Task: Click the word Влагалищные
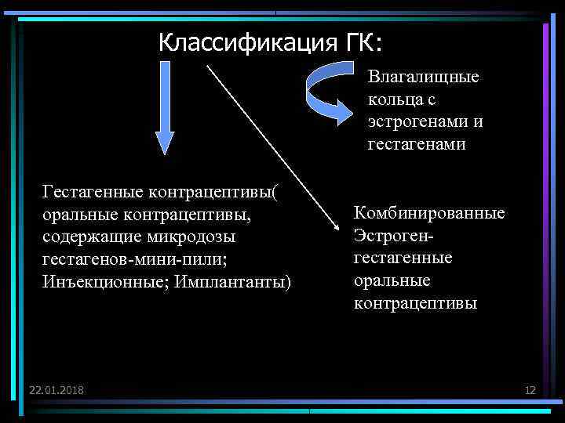point(424,78)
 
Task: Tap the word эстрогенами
point(407,122)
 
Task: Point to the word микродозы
point(191,236)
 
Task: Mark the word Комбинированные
point(429,213)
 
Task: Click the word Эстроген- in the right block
point(394,235)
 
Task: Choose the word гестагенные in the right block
point(403,258)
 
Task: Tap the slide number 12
point(530,389)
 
